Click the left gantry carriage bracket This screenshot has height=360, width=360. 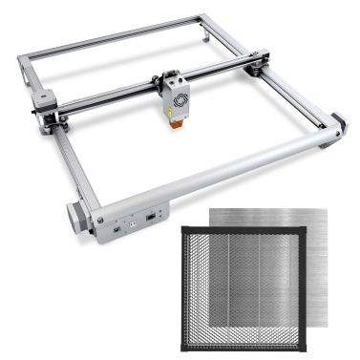pos(42,99)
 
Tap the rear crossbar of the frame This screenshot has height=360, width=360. pos(124,38)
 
